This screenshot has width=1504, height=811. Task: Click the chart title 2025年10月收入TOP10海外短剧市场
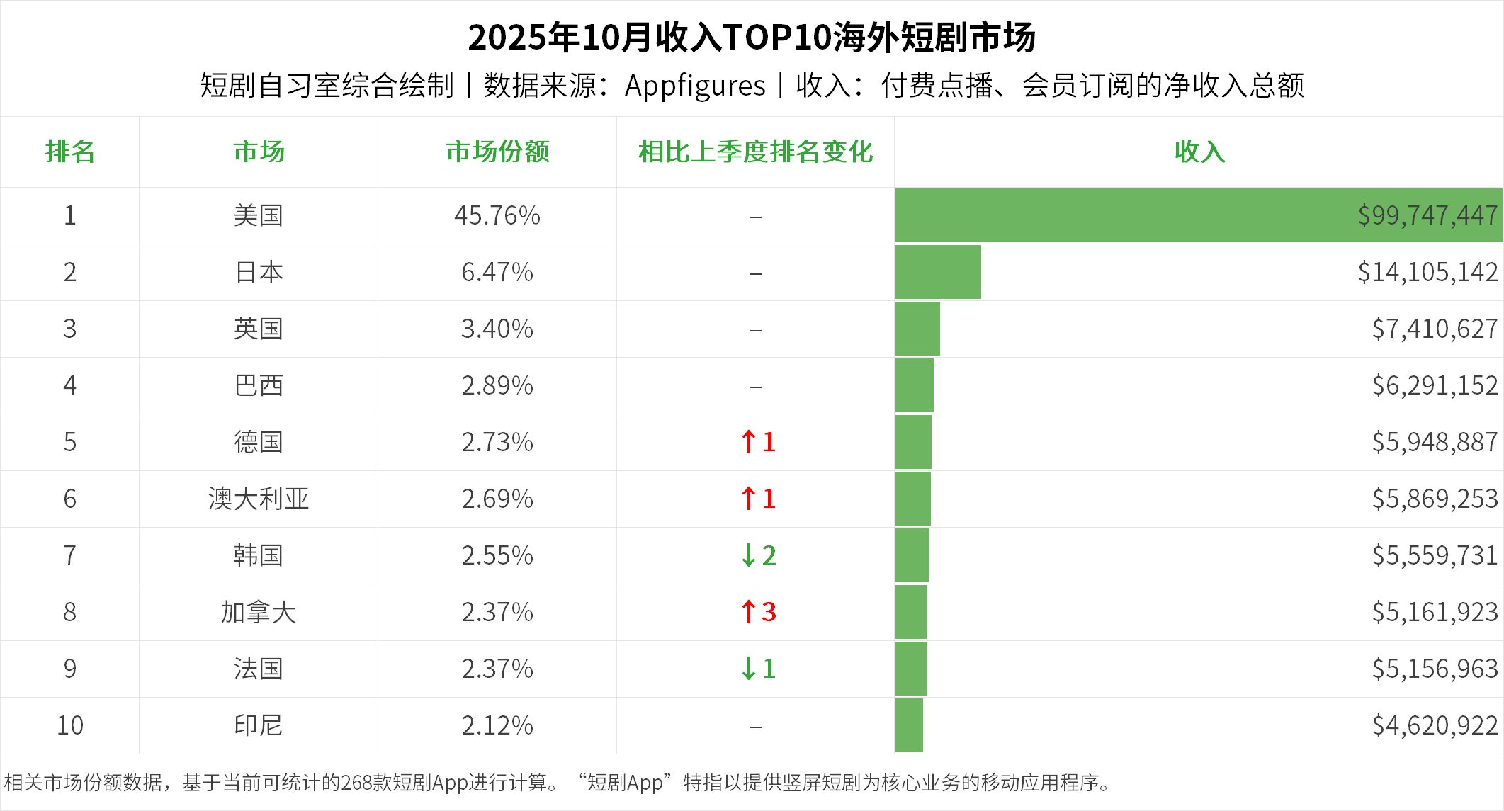[752, 38]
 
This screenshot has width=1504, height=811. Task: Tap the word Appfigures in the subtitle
[695, 86]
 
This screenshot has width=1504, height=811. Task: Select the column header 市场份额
[497, 152]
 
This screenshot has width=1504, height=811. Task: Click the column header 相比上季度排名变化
[755, 152]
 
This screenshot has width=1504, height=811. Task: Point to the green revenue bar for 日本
[938, 272]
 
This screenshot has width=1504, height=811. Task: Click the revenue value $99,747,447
[1427, 215]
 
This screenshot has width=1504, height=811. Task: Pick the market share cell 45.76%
[497, 215]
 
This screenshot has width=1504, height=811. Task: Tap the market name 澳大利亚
[259, 499]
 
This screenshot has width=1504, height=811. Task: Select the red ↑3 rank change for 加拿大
[758, 612]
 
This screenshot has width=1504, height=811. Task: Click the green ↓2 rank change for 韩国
[758, 555]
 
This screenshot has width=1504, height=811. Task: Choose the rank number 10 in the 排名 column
[70, 725]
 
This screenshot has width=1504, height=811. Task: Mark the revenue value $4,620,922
[1434, 725]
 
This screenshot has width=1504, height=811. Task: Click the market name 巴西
[259, 385]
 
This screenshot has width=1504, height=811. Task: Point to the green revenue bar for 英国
[917, 329]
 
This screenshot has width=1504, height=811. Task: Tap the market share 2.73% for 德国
[497, 442]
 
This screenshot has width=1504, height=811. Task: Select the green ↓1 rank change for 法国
[758, 669]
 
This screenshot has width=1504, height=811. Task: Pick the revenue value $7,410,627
[1434, 329]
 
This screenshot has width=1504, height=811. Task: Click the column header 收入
[1199, 152]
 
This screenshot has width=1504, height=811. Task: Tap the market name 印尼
[259, 725]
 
